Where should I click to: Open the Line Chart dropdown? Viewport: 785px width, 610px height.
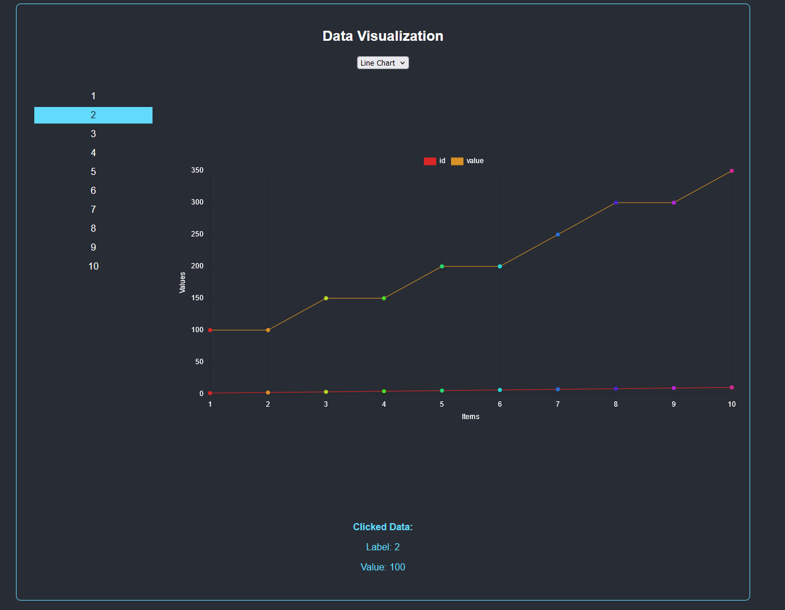click(382, 63)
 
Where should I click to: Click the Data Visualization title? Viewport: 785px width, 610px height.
click(382, 36)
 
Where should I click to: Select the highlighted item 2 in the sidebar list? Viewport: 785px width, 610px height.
click(93, 115)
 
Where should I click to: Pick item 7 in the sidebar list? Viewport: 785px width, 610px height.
click(93, 209)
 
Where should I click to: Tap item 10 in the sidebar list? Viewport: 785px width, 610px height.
click(93, 266)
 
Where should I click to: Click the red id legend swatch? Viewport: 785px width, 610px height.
click(430, 161)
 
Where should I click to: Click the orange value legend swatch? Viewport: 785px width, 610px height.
click(457, 161)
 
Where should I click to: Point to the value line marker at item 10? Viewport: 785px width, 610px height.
click(732, 171)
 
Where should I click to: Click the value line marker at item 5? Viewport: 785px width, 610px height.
click(442, 267)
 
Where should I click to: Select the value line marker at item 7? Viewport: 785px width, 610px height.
click(557, 235)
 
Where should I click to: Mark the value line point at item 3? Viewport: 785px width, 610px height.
click(326, 298)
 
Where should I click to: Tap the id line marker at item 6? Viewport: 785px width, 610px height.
click(499, 390)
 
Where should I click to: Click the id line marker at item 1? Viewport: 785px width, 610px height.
click(210, 393)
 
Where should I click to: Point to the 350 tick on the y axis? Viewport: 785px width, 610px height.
click(197, 170)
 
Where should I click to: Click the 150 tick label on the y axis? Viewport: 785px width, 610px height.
click(197, 298)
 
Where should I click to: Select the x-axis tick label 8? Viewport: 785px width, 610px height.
click(615, 404)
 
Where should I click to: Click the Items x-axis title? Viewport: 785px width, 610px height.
click(471, 417)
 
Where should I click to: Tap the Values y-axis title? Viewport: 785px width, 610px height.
click(183, 283)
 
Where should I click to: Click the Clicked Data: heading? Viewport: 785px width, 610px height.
click(382, 527)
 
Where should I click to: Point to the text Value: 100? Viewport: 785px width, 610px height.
click(382, 567)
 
